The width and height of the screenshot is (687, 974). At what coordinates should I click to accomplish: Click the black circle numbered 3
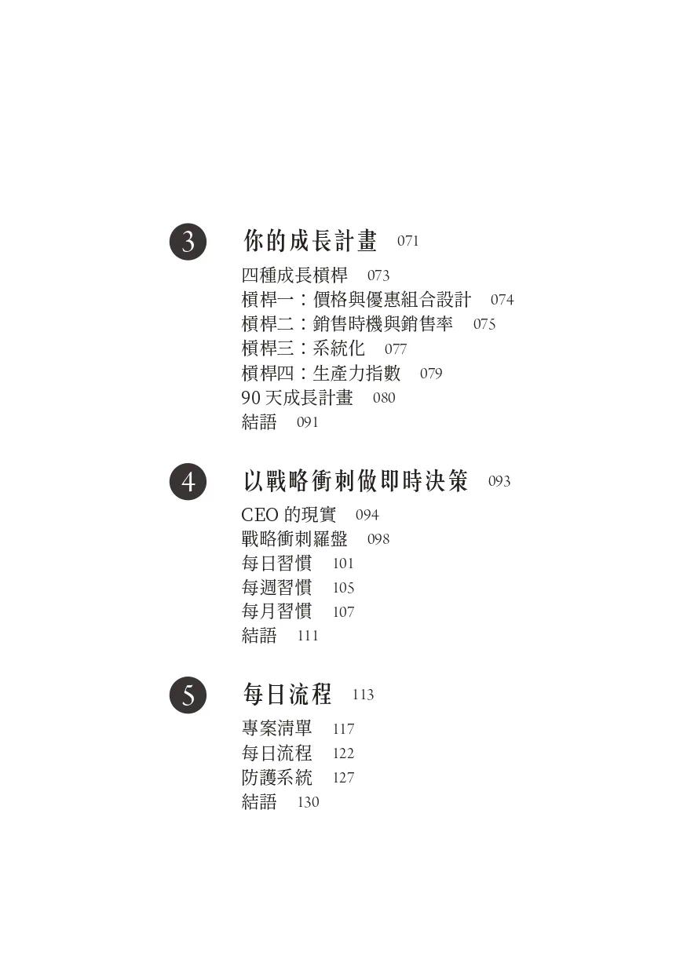click(188, 242)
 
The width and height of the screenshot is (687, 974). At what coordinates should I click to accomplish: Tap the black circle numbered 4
click(188, 481)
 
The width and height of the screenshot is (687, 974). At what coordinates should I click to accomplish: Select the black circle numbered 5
click(188, 695)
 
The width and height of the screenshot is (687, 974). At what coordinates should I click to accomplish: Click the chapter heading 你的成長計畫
click(310, 241)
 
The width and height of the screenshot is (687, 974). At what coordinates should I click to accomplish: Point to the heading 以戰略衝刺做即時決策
click(356, 480)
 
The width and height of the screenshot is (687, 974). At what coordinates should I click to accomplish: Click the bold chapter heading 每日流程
click(287, 694)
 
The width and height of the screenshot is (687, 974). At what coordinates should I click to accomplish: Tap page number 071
click(408, 241)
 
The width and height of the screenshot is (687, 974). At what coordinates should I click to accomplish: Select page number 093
click(499, 481)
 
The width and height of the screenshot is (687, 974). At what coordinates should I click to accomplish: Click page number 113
click(363, 695)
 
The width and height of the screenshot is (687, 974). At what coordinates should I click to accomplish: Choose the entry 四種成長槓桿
click(294, 275)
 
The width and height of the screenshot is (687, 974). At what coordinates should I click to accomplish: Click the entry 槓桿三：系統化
click(303, 348)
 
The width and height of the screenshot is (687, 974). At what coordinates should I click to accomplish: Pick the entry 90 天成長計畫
click(298, 397)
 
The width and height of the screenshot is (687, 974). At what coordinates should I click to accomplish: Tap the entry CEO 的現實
click(288, 515)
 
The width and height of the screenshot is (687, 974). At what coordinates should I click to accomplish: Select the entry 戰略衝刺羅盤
click(294, 539)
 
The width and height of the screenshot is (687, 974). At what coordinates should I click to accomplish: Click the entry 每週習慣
click(276, 587)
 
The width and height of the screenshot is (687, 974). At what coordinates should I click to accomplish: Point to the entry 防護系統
click(276, 777)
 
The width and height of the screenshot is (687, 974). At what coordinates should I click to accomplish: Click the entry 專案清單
click(276, 728)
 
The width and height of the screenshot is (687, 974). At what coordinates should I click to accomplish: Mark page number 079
click(431, 374)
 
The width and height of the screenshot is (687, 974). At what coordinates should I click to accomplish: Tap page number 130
click(308, 802)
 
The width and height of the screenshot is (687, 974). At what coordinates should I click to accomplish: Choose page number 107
click(343, 611)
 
